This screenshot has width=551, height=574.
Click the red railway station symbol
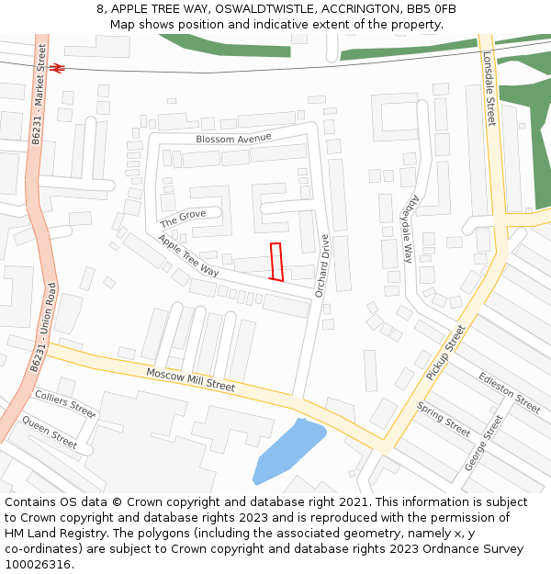(57, 68)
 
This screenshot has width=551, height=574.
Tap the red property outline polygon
(275, 262)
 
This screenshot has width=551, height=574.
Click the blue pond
(287, 450)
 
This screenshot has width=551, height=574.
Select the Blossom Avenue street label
(233, 139)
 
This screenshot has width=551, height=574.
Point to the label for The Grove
(183, 219)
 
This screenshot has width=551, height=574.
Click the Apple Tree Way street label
(188, 256)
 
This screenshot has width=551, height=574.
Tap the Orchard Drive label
(322, 265)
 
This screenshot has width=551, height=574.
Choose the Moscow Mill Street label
(190, 379)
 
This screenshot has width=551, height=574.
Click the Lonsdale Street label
(489, 88)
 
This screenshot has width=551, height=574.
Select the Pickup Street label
(446, 352)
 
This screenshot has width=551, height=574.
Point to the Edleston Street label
(510, 391)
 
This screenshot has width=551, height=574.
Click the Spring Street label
(444, 419)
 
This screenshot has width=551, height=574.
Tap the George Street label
(483, 442)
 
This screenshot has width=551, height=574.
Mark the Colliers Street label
(64, 402)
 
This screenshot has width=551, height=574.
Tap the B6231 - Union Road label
(43, 326)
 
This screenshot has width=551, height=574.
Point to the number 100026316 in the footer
(37, 565)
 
